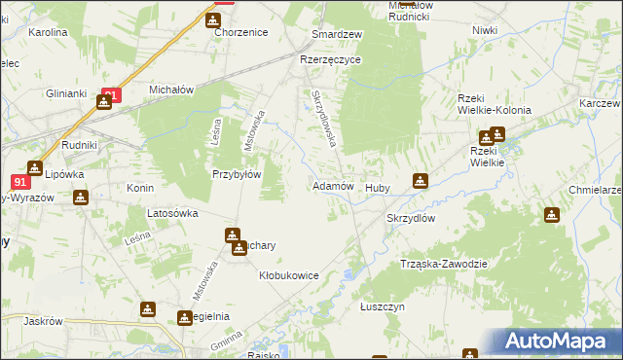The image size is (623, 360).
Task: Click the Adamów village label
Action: point(332,186)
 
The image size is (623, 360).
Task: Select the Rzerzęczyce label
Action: point(330,59)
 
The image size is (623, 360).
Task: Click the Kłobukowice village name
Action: point(289,275)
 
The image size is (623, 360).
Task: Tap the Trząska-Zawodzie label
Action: point(443,264)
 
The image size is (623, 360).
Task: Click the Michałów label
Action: point(172,89)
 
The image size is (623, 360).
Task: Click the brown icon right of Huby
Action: point(420,180)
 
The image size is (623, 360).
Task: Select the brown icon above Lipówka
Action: point(36,167)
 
